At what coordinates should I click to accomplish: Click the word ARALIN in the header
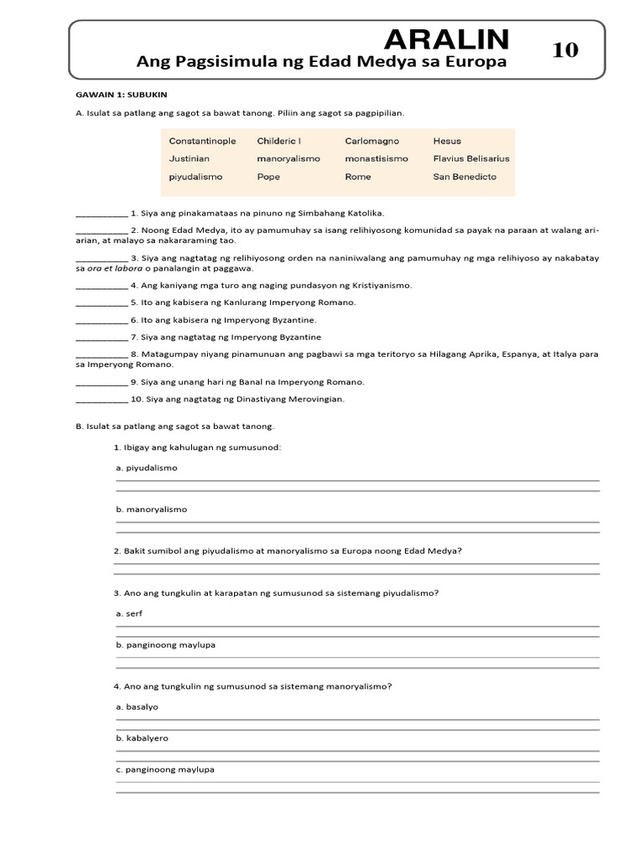click(x=446, y=39)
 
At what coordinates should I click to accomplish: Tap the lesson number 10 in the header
click(x=565, y=50)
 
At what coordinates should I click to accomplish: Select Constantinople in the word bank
click(x=202, y=141)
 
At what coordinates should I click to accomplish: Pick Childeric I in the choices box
click(x=279, y=141)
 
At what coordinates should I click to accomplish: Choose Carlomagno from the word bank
click(x=371, y=141)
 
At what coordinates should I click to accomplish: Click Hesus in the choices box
click(x=447, y=141)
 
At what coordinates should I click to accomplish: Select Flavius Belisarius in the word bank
click(x=470, y=158)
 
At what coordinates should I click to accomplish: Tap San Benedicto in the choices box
click(x=465, y=177)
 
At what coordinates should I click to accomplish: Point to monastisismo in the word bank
click(x=377, y=158)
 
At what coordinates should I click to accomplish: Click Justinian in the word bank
click(x=189, y=158)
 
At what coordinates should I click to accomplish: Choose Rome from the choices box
click(x=357, y=177)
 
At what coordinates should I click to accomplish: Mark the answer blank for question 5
click(x=101, y=303)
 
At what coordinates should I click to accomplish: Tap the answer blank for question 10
click(x=101, y=401)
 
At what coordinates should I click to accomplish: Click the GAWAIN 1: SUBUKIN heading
click(x=122, y=96)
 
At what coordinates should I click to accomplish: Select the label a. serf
click(x=129, y=614)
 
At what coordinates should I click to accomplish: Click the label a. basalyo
click(x=137, y=707)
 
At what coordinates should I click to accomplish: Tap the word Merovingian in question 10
click(x=316, y=400)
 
